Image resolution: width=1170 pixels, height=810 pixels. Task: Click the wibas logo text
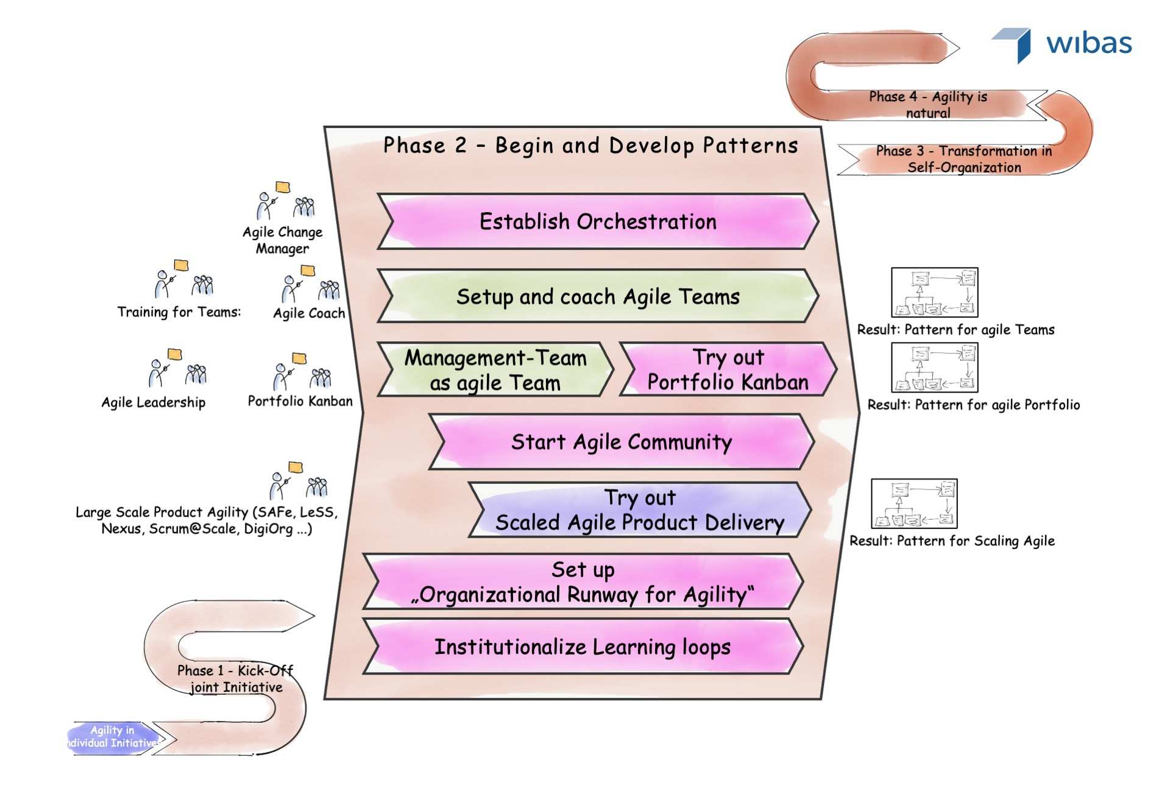click(x=1089, y=44)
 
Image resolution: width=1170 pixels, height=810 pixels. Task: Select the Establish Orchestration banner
click(x=597, y=222)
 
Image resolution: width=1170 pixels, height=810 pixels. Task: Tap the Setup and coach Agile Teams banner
click(x=597, y=297)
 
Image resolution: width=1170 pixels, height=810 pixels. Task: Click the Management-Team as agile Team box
click(x=495, y=370)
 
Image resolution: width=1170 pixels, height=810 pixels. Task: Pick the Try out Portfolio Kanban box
click(x=728, y=370)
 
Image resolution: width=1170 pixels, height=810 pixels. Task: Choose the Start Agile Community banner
click(x=621, y=442)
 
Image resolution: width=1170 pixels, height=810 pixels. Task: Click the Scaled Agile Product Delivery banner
click(x=639, y=511)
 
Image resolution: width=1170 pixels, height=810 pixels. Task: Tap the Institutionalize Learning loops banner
click(x=582, y=647)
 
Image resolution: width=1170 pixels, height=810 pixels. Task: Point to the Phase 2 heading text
click(x=590, y=146)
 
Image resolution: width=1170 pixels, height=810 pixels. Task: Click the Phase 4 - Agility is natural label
click(x=927, y=105)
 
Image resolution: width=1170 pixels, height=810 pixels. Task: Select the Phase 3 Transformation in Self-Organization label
click(x=963, y=159)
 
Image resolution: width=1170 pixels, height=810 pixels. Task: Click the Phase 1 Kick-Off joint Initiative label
click(x=235, y=679)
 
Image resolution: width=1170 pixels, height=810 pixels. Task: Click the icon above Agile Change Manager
click(x=285, y=201)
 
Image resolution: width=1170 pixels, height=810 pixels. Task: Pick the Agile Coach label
click(x=309, y=313)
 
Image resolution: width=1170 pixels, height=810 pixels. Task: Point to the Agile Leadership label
click(x=154, y=402)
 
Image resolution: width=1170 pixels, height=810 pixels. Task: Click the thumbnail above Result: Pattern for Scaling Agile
click(x=914, y=503)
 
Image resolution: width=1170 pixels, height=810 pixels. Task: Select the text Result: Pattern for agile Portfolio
click(x=973, y=405)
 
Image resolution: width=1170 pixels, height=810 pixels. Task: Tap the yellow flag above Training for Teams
click(x=181, y=265)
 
